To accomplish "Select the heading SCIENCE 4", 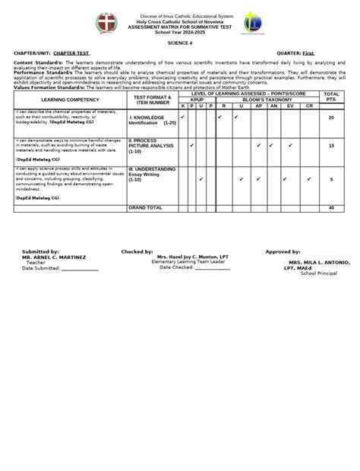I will (x=180, y=44).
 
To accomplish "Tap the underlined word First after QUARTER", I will (x=308, y=53).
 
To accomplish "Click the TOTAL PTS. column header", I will (x=330, y=96).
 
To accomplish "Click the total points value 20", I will (x=331, y=118).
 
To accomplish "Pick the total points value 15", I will (x=331, y=144).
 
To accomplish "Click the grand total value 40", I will (x=331, y=207).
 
